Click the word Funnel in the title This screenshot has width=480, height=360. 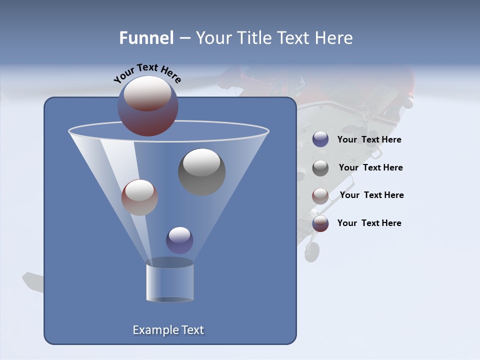tap(146, 38)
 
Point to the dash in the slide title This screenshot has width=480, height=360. tap(184, 38)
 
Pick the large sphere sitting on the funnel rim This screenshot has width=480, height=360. tap(147, 106)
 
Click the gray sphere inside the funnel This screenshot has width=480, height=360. tap(201, 171)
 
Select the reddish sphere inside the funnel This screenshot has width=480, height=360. tap(139, 197)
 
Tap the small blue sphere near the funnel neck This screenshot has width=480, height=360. tap(179, 240)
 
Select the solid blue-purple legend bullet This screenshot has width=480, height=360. tap(320, 139)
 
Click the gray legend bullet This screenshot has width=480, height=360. tap(320, 167)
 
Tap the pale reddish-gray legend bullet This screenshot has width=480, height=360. tap(320, 195)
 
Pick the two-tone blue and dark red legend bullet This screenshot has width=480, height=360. tap(320, 223)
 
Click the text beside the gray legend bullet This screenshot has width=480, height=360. tap(370, 167)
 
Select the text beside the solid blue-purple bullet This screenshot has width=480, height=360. tap(369, 139)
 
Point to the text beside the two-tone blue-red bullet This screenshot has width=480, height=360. tap(369, 223)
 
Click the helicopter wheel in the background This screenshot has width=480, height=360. tap(312, 252)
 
